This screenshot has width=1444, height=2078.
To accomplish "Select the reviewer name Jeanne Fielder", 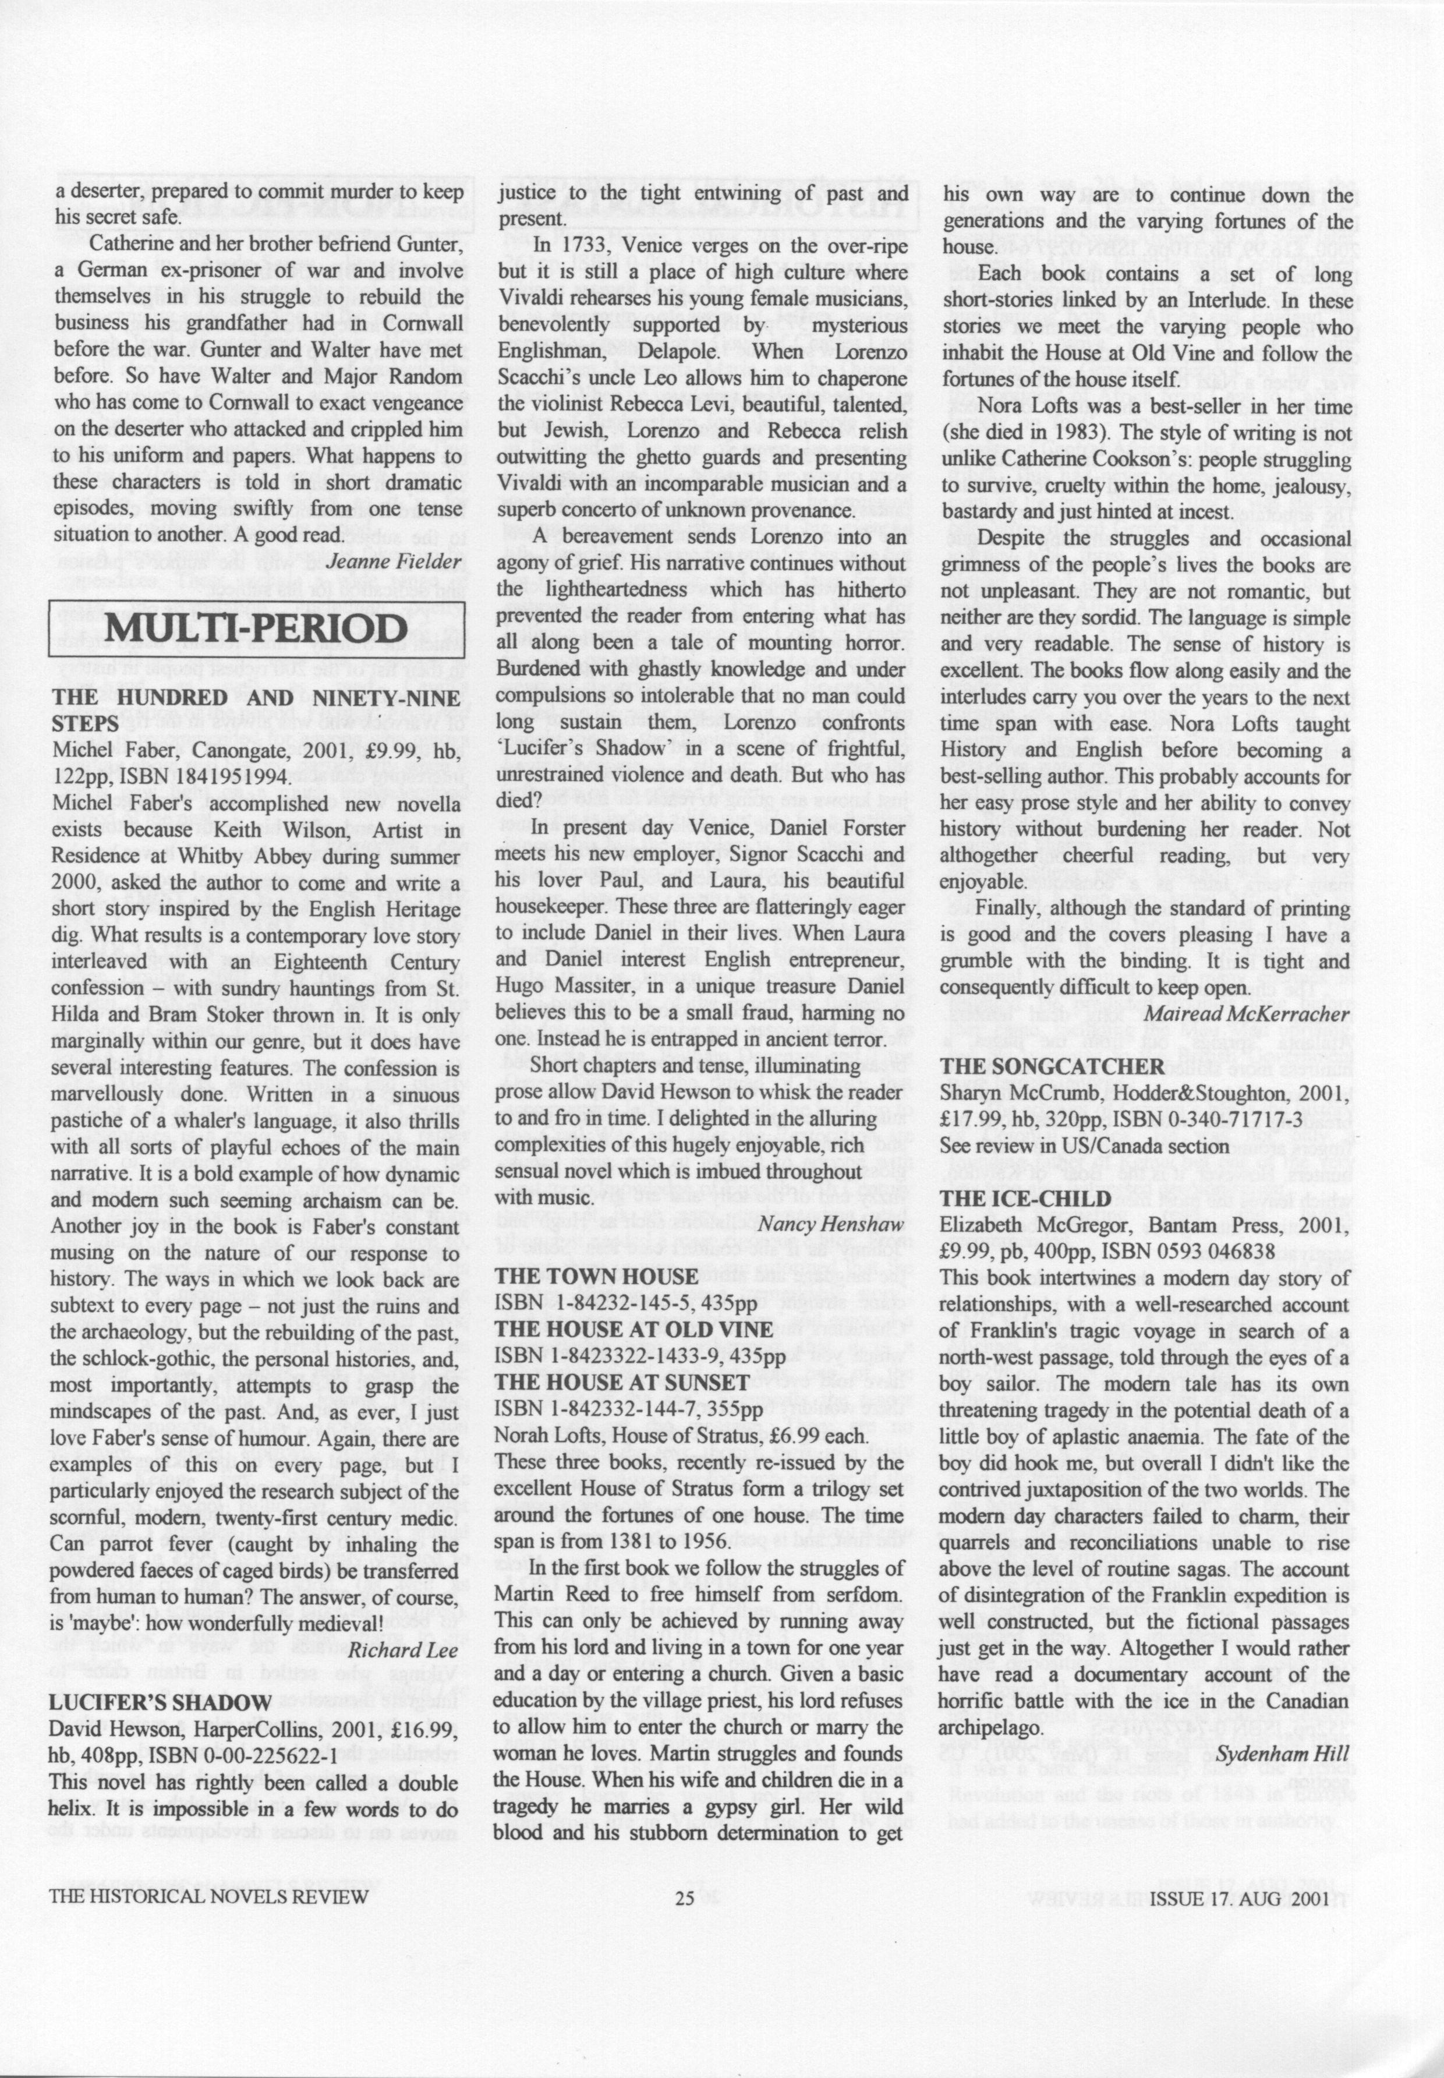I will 394,562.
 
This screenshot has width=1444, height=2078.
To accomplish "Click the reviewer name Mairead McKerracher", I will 1248,1013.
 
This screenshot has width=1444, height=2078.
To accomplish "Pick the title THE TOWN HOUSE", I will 596,1277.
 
